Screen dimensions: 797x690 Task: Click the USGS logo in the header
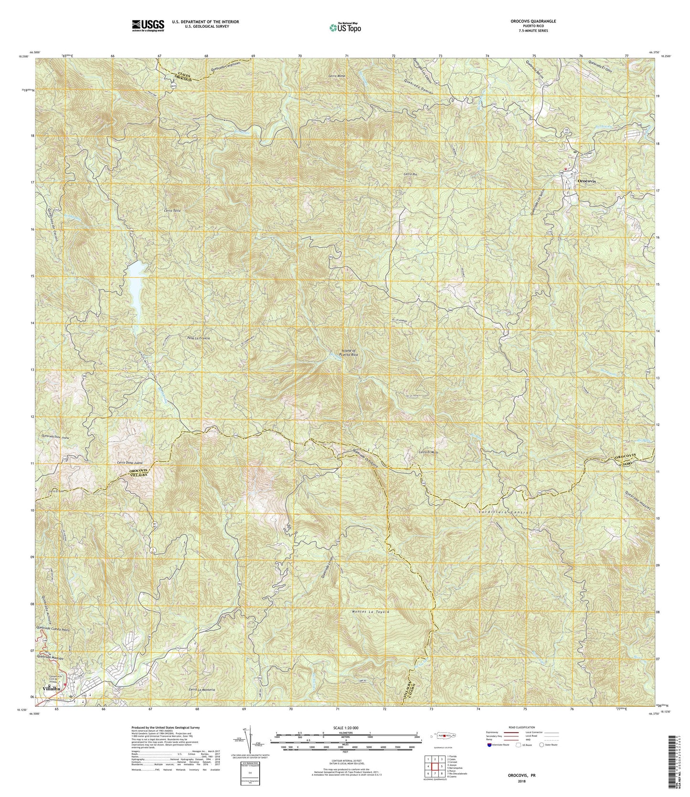coord(148,25)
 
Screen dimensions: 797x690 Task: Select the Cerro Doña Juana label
coord(131,463)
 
